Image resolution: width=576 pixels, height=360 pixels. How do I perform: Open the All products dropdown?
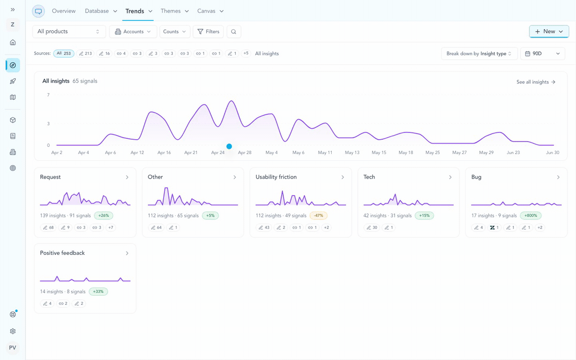tap(69, 31)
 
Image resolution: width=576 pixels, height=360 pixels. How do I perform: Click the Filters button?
tap(208, 31)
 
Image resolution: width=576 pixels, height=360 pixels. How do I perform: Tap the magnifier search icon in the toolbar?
tap(233, 32)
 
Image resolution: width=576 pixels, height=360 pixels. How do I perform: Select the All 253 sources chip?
tap(64, 53)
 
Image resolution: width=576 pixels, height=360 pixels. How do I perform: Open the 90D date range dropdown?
tap(542, 53)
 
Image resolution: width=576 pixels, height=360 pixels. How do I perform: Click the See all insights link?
tap(536, 82)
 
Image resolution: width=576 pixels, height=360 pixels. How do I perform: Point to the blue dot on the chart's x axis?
tap(229, 146)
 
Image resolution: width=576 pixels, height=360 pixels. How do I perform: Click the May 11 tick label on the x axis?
tap(325, 153)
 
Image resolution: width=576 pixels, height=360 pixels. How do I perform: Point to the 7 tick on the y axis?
tap(48, 95)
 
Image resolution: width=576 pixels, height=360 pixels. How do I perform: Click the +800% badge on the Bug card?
tap(530, 216)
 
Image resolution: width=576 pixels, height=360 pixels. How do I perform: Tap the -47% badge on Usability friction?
tap(318, 216)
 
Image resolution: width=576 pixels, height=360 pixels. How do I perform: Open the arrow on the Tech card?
tap(450, 177)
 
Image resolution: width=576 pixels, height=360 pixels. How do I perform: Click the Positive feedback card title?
tap(62, 253)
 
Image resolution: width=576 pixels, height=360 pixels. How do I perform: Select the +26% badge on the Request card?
tap(103, 216)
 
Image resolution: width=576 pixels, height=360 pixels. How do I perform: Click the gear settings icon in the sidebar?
tap(12, 331)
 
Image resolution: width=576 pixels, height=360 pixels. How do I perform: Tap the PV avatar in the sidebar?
tap(12, 348)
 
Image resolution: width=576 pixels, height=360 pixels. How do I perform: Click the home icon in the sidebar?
tap(12, 42)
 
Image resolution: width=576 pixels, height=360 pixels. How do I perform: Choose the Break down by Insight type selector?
tap(480, 53)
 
